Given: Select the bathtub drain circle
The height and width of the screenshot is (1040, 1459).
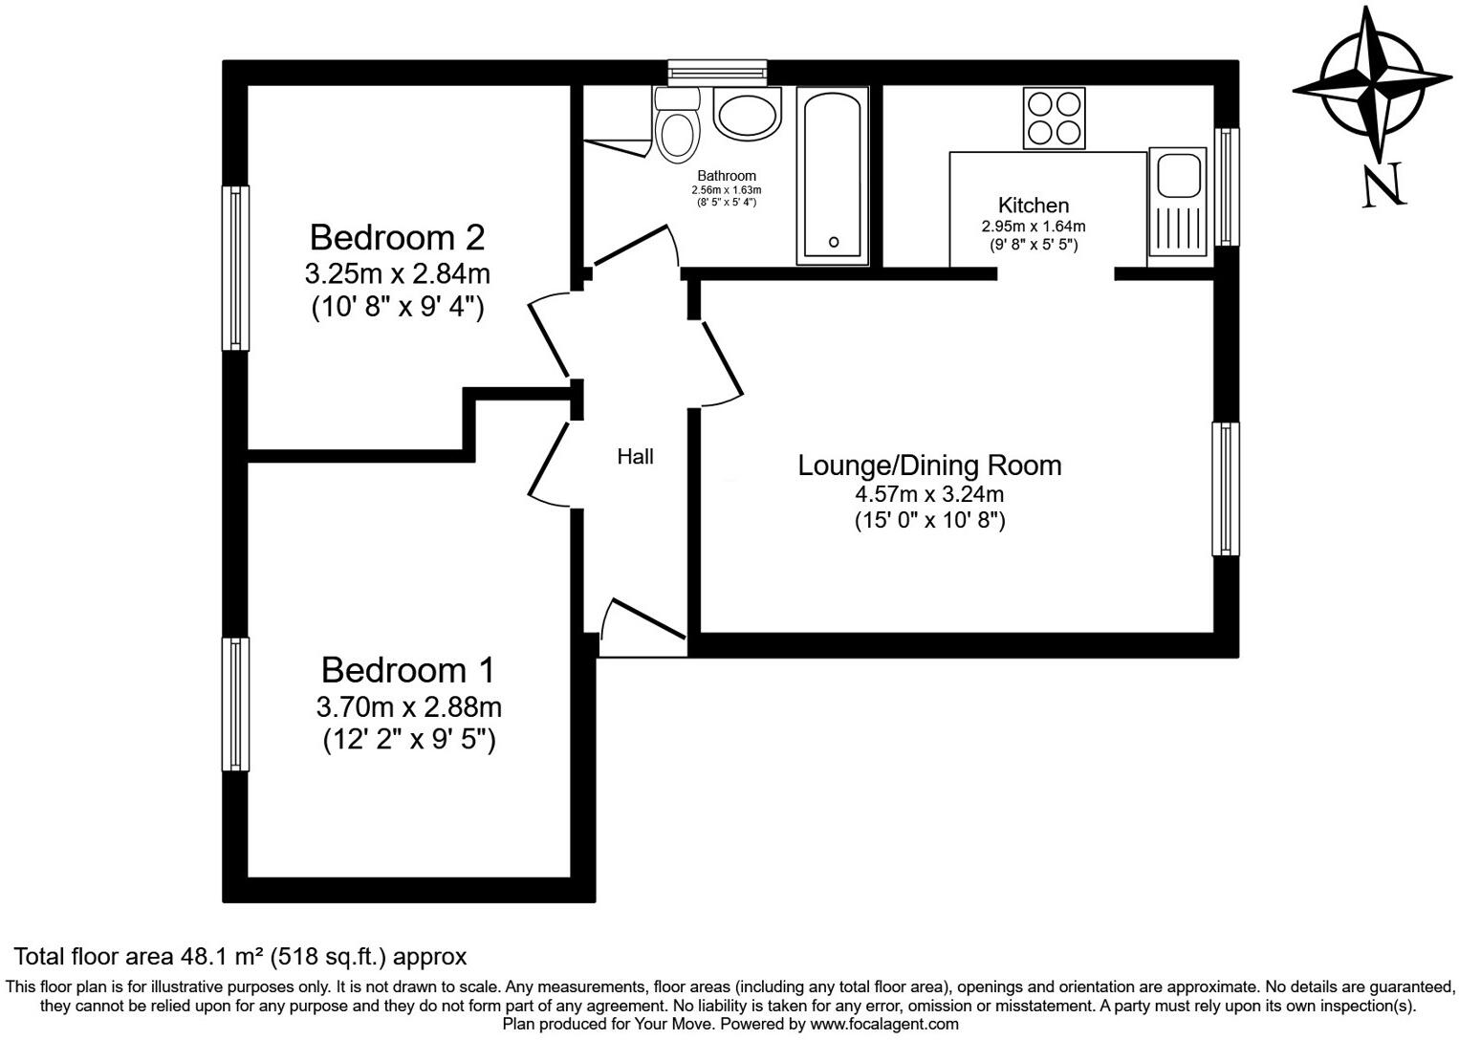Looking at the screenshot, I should [835, 242].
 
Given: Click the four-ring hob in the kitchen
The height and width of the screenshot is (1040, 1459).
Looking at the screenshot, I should [1055, 118].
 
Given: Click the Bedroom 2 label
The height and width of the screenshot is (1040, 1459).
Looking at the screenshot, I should [397, 236].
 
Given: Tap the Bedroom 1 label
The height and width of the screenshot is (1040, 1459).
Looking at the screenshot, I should [408, 670].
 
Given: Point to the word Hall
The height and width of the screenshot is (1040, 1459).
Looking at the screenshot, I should [635, 457].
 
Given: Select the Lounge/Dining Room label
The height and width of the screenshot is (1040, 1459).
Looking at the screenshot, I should [929, 466].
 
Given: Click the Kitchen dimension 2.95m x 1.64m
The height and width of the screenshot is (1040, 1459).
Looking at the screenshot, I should [1034, 227].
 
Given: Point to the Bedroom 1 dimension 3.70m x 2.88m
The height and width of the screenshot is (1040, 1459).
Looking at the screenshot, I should [408, 707].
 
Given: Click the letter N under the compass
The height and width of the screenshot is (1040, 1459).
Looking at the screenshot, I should [1383, 185].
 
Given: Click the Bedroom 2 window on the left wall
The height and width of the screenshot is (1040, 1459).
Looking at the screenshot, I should [235, 268].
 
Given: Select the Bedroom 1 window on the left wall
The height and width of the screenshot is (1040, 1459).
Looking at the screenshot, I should [235, 704].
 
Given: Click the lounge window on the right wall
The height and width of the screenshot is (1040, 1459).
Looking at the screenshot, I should [1226, 488].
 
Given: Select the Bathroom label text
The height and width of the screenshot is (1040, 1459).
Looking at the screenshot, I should [727, 176].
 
